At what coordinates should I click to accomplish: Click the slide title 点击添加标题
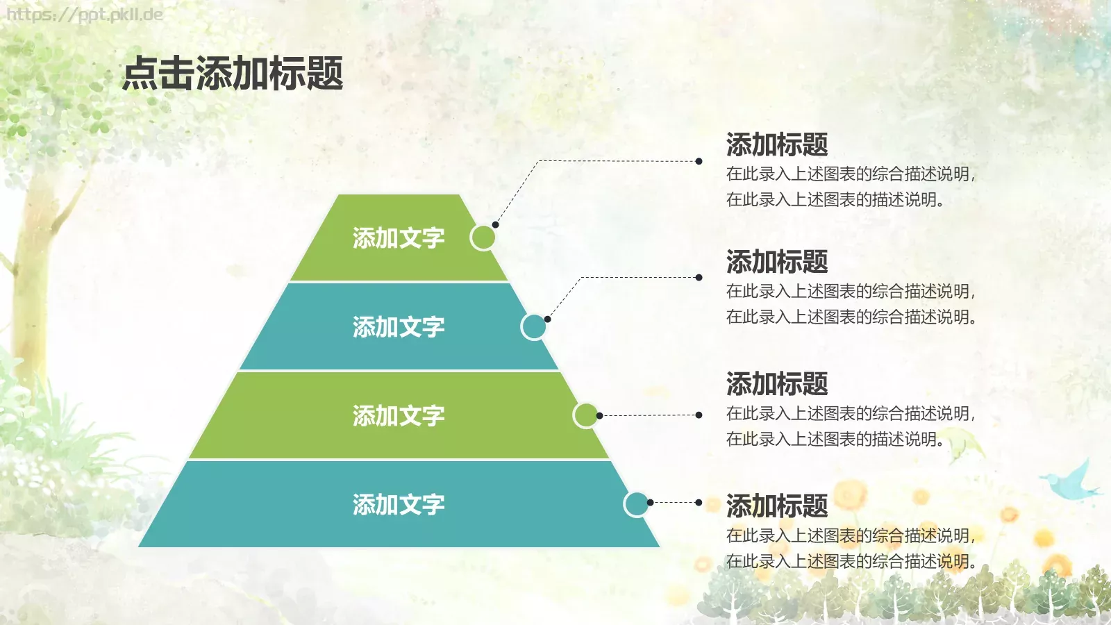233,74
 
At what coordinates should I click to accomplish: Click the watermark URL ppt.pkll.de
85,14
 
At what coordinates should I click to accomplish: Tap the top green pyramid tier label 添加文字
398,238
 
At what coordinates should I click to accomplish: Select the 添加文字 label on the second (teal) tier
398,327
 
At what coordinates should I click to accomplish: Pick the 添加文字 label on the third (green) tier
398,416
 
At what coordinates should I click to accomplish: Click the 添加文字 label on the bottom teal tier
398,505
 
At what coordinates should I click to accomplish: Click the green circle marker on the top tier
483,237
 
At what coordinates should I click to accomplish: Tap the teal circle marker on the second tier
533,326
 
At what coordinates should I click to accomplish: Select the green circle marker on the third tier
585,415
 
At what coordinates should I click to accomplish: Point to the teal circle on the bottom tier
635,504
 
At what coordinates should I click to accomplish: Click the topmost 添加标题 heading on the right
776,144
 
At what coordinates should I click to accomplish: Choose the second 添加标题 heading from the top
776,262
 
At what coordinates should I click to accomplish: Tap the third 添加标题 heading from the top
776,384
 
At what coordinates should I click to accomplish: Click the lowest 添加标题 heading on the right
776,506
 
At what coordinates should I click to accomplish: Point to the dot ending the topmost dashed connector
699,161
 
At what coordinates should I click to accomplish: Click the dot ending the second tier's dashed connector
699,278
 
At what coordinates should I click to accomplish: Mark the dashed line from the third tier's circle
649,415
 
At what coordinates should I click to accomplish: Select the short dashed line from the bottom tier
675,502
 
